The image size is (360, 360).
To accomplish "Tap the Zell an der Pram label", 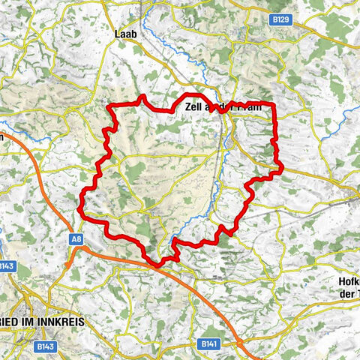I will pos(222,107).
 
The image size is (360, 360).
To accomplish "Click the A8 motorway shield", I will pos(76,238).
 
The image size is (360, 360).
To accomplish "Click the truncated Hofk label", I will pos(348,283).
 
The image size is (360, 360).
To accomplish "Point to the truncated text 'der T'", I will pos(349,294).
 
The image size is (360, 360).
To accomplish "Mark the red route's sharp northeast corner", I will pos(273,103).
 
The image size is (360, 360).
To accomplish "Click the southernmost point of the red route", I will pos(157,265).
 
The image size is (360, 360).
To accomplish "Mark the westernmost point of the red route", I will pos(80,200).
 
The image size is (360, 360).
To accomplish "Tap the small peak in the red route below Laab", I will pos(140,97).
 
